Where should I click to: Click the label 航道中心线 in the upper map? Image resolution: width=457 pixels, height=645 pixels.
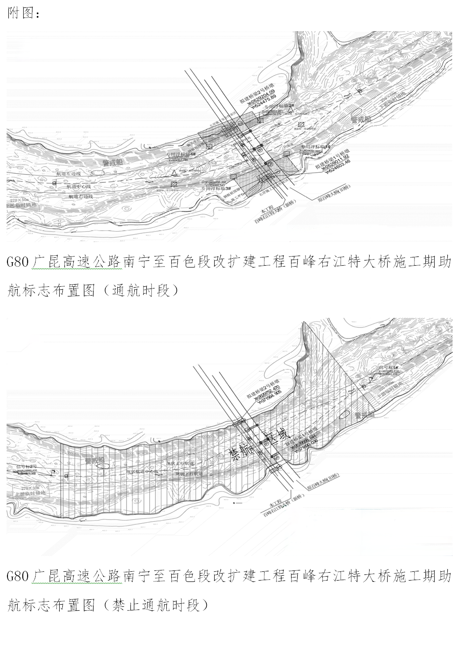pyautogui.click(x=79, y=186)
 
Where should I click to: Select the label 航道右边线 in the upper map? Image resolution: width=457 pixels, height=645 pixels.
pyautogui.click(x=81, y=197)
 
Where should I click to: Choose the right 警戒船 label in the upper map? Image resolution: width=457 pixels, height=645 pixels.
pyautogui.click(x=361, y=118)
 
